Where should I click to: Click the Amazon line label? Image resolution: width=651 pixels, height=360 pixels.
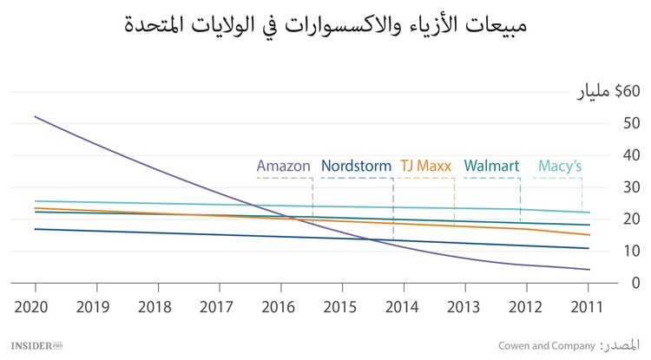click(284, 165)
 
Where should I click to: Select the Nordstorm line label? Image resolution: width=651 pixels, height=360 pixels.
click(356, 165)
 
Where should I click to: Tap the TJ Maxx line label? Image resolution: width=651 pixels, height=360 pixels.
click(427, 165)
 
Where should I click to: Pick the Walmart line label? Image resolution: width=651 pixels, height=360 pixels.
click(492, 165)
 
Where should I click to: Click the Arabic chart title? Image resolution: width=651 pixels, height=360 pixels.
click(325, 24)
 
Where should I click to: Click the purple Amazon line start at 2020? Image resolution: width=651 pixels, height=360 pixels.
click(36, 116)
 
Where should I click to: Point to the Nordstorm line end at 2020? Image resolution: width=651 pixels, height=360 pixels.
click(36, 229)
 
